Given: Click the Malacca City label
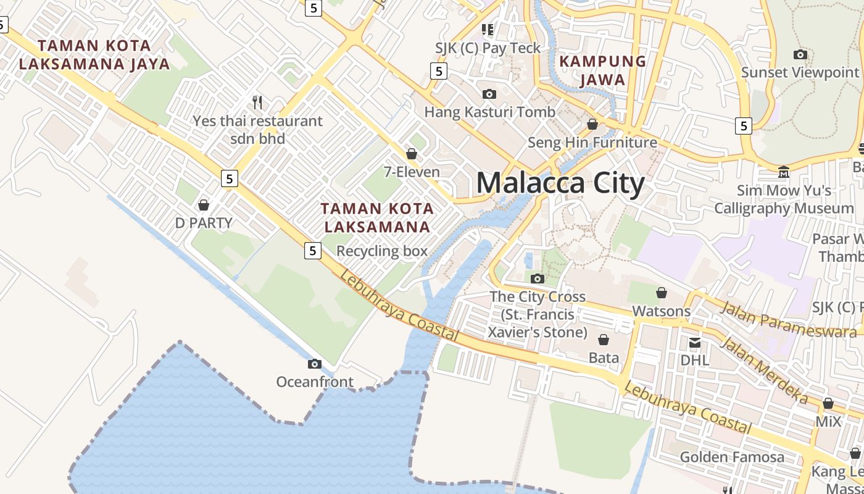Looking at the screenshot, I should click(x=560, y=183).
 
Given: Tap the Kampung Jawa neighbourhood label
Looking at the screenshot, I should click(x=602, y=70).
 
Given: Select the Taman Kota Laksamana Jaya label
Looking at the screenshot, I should click(x=94, y=54).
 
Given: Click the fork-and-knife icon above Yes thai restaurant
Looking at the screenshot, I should click(x=258, y=102).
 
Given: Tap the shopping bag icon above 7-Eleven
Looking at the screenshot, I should click(x=412, y=154).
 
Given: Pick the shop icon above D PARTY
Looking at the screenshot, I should click(x=204, y=204).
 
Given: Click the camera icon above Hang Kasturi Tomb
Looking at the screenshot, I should click(x=489, y=94).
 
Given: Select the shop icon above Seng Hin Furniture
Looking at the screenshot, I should click(x=592, y=124).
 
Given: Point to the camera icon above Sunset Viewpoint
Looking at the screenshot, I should click(x=800, y=54).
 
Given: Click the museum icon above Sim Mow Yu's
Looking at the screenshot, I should click(x=784, y=172).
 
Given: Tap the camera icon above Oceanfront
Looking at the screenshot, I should click(x=315, y=364).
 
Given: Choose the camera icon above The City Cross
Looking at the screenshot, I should click(x=538, y=278).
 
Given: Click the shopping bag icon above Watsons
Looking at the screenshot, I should click(x=662, y=292).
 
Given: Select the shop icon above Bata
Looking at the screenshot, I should click(x=604, y=340).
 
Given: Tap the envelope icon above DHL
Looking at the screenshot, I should click(x=695, y=342).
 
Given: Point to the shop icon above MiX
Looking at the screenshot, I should click(x=828, y=403).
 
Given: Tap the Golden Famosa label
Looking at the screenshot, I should click(x=732, y=457).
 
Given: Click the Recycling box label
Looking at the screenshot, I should click(x=381, y=251).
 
